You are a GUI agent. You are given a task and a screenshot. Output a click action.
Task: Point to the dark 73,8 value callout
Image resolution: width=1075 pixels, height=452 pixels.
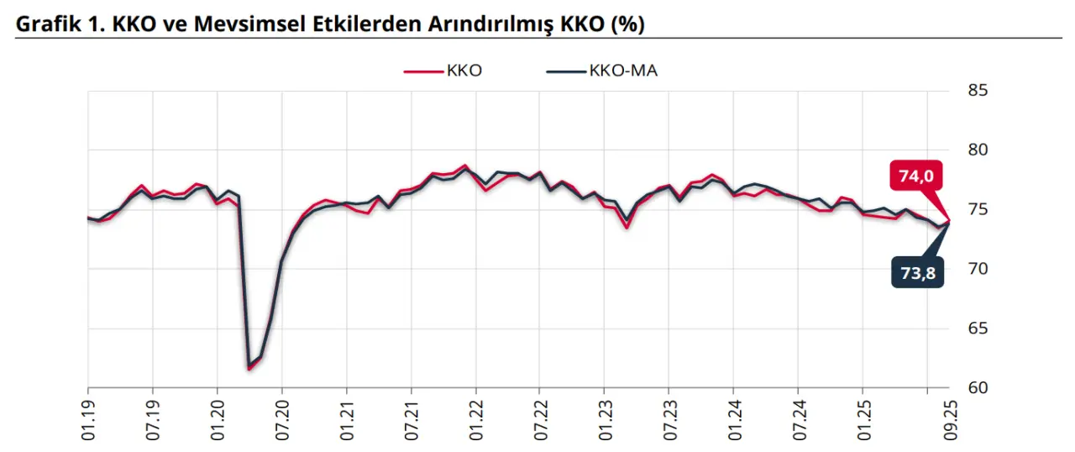pyautogui.click(x=916, y=273)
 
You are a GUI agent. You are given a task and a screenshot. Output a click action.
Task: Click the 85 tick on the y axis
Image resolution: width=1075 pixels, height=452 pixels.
pyautogui.click(x=978, y=91)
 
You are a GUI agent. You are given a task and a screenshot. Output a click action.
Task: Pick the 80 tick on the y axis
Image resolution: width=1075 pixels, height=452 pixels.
pyautogui.click(x=978, y=150)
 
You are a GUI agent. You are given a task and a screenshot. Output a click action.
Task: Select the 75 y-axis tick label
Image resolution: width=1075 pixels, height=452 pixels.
pyautogui.click(x=978, y=210)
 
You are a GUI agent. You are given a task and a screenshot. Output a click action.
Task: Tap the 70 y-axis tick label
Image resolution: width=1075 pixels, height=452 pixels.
pyautogui.click(x=978, y=269)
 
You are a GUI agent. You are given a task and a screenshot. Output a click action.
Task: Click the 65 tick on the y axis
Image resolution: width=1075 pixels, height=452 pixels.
pyautogui.click(x=978, y=328)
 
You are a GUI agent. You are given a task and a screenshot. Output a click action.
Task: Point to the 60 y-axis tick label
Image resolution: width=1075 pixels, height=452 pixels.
pyautogui.click(x=978, y=388)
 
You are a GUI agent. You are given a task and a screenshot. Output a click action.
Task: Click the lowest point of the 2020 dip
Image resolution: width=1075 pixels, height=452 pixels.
pyautogui.click(x=249, y=368)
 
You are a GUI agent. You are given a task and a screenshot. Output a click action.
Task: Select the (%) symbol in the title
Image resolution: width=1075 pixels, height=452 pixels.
pyautogui.click(x=627, y=24)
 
